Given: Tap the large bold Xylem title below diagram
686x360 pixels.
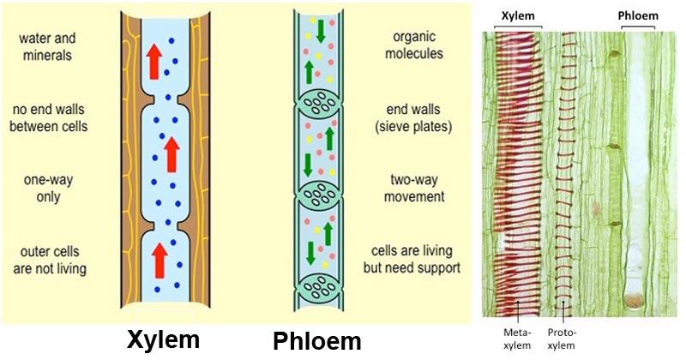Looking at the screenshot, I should (163, 339).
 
